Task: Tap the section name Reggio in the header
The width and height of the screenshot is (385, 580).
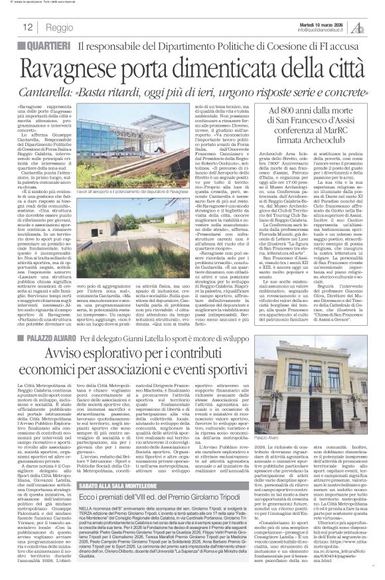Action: click(x=61, y=29)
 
